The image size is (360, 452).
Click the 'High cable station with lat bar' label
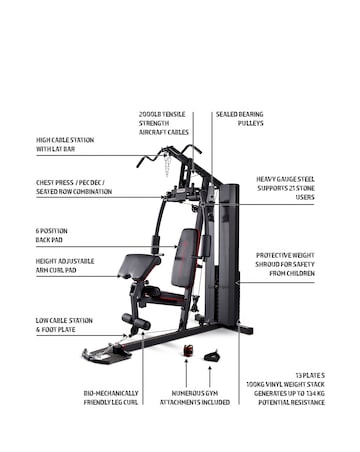click(x=64, y=145)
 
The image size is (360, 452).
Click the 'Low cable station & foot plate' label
click(x=64, y=325)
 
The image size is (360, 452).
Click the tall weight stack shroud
click(x=228, y=250)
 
